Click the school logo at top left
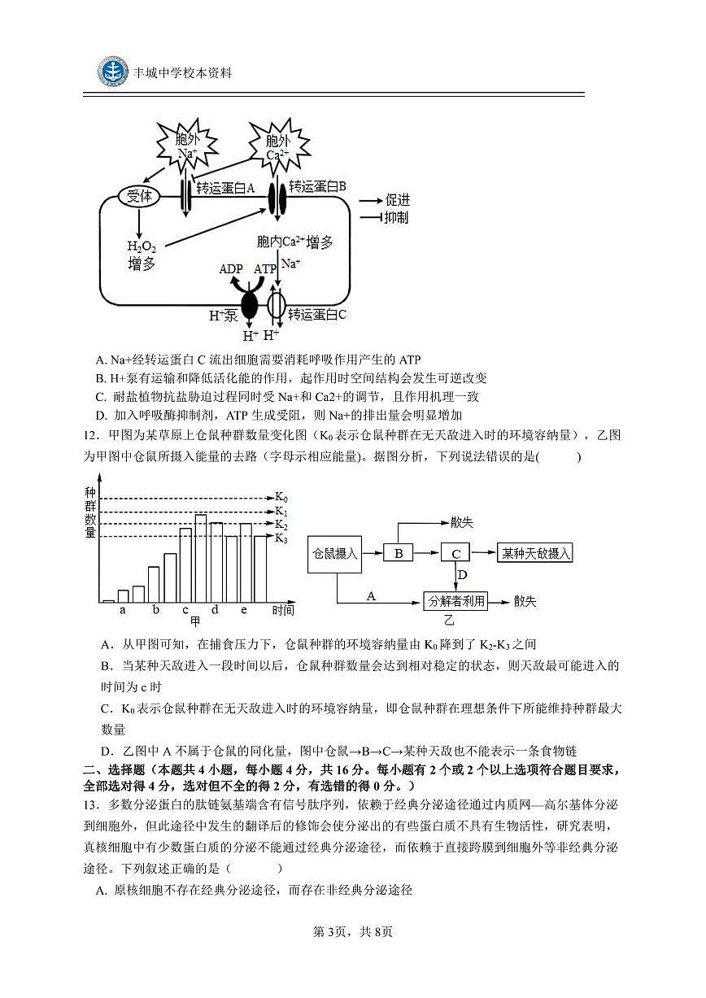tap(113, 72)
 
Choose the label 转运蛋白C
tap(318, 314)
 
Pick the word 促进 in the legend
tap(398, 200)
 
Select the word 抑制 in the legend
tap(398, 217)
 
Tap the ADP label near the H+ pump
tap(231, 269)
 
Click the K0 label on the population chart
tap(281, 497)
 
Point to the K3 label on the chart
tap(281, 538)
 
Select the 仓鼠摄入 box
tap(335, 553)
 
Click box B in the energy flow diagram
tap(399, 553)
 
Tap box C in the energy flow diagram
tap(456, 553)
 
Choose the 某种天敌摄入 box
tap(536, 553)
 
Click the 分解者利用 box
tap(456, 601)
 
